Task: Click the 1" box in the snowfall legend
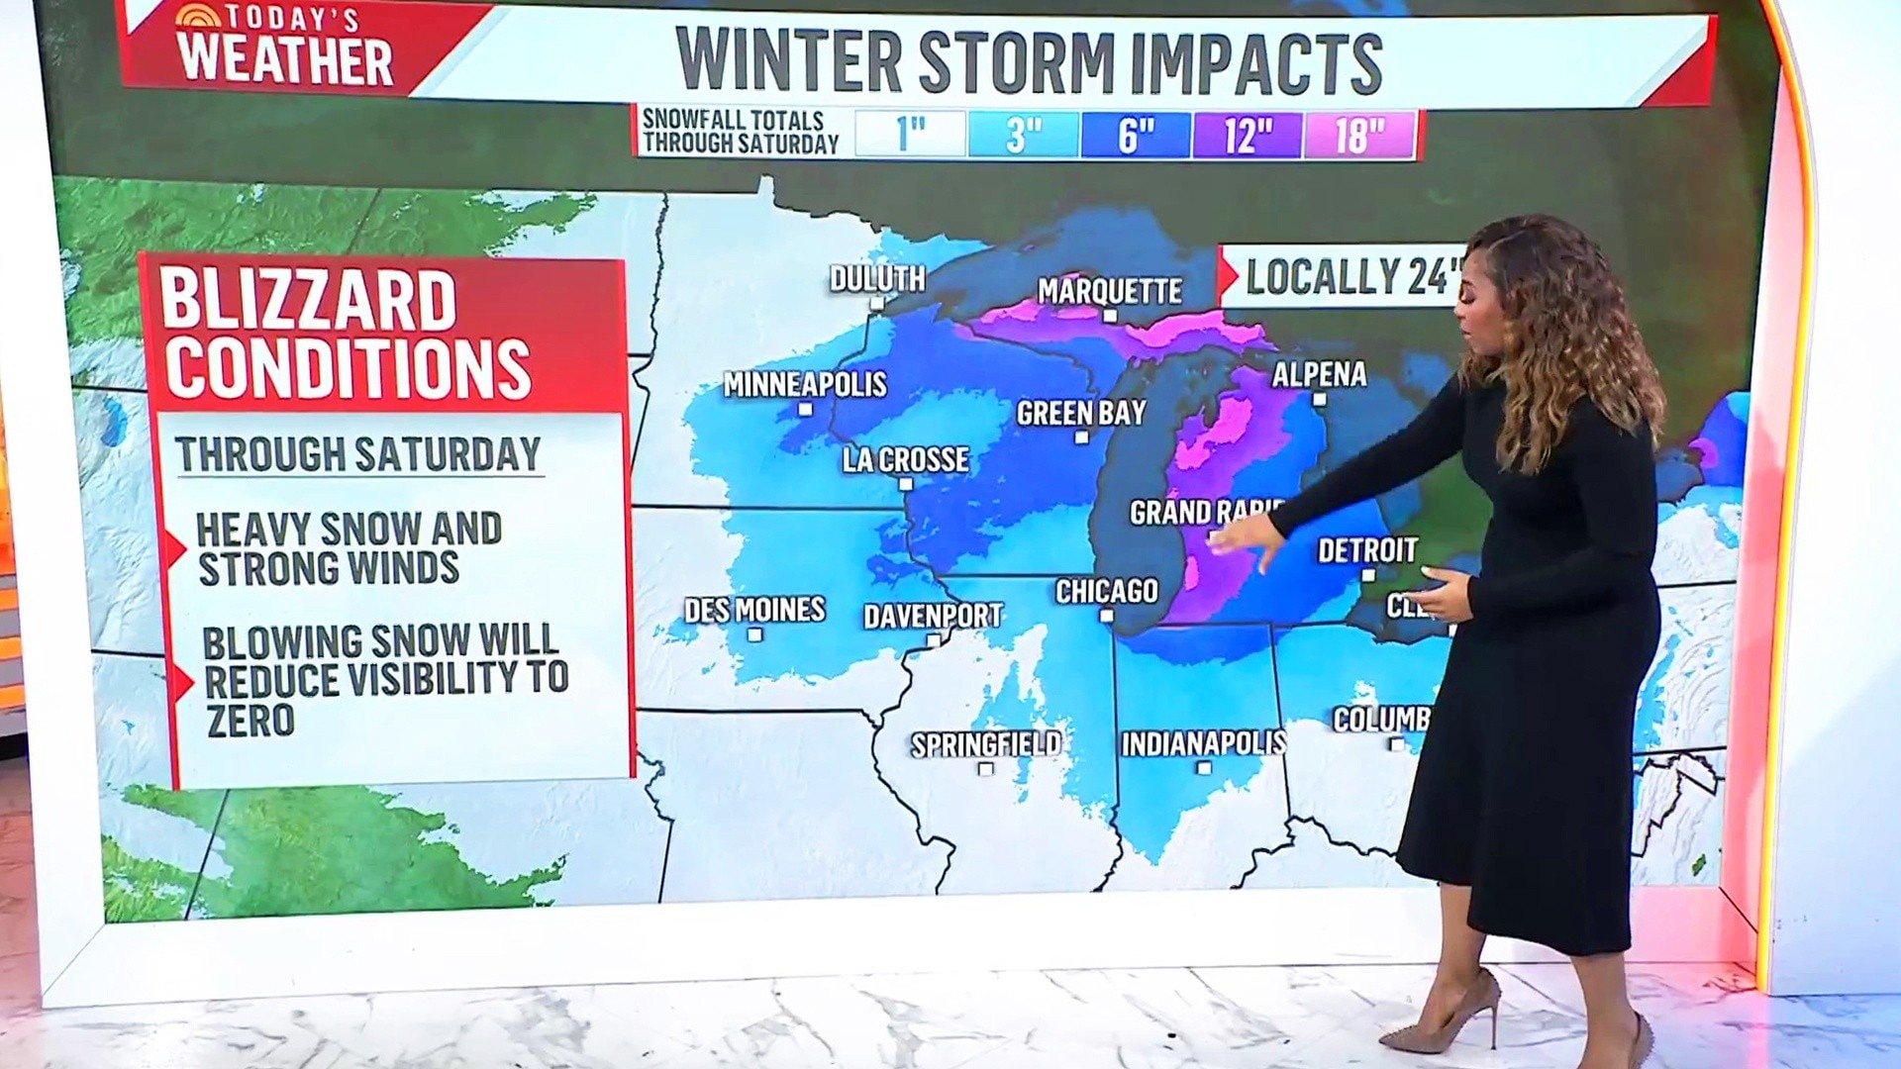coord(910,134)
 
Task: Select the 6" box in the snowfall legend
coord(1136,134)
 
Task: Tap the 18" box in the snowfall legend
coord(1359,134)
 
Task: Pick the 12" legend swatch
coord(1248,134)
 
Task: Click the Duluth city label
coord(877,278)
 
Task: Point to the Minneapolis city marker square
coord(805,409)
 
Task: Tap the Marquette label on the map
coord(1110,291)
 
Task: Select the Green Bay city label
coord(1081,413)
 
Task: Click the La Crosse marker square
coord(905,484)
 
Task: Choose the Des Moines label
coord(754,609)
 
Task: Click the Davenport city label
coord(933,616)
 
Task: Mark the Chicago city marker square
coord(1107,616)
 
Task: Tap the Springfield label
coord(985,744)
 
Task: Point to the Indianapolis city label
coord(1203,742)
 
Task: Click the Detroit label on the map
coord(1367,549)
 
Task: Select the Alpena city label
coord(1319,374)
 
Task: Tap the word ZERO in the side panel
coord(250,721)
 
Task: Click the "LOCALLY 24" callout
coord(1347,277)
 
